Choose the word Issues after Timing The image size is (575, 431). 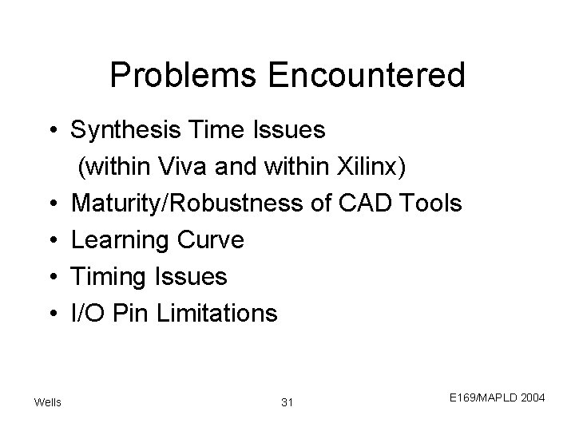click(x=190, y=277)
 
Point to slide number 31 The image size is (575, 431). click(x=287, y=401)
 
